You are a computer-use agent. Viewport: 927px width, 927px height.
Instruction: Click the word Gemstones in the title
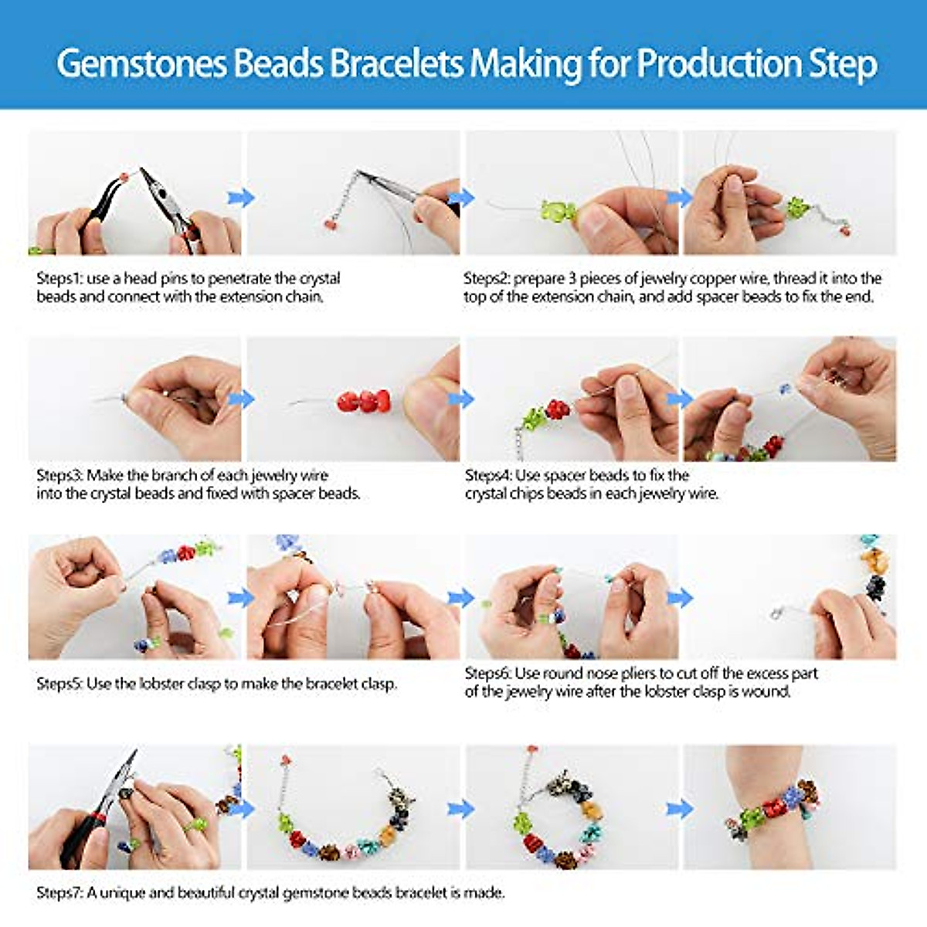(142, 64)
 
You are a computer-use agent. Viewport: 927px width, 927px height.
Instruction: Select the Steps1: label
(59, 278)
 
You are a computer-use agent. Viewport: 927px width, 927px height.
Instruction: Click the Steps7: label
(59, 893)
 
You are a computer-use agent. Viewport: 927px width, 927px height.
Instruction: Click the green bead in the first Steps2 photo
(557, 210)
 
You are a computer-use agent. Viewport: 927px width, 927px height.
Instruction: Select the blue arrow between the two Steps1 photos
(241, 198)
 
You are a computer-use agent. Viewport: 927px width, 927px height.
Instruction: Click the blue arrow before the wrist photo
(680, 809)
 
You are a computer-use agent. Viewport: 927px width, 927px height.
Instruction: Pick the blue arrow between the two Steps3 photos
(242, 399)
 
